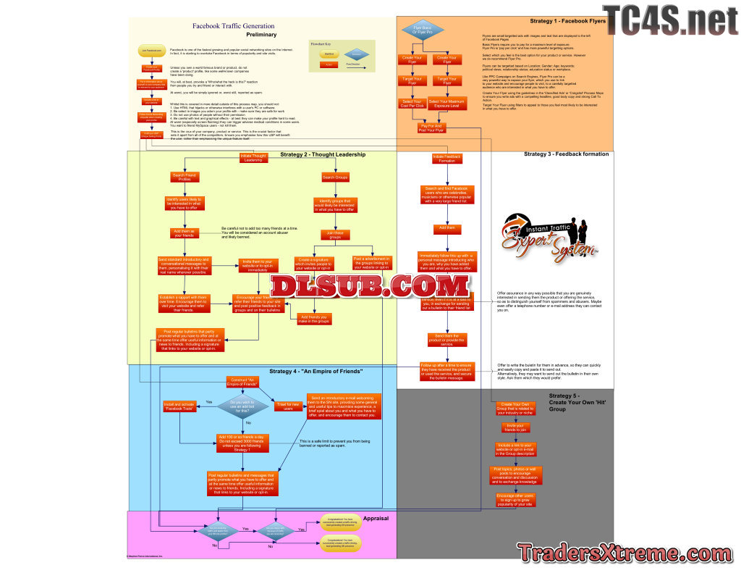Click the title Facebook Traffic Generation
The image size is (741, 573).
pyautogui.click(x=233, y=26)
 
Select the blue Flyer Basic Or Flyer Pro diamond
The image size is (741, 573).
pyautogui.click(x=422, y=30)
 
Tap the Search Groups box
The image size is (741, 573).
pyautogui.click(x=334, y=177)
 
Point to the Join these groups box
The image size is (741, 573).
pyautogui.click(x=334, y=235)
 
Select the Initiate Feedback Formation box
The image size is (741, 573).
pyautogui.click(x=447, y=158)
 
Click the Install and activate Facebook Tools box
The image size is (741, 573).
pyautogui.click(x=179, y=406)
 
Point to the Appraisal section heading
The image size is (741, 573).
pyautogui.click(x=376, y=519)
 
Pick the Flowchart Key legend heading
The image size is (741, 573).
pyautogui.click(x=321, y=44)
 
